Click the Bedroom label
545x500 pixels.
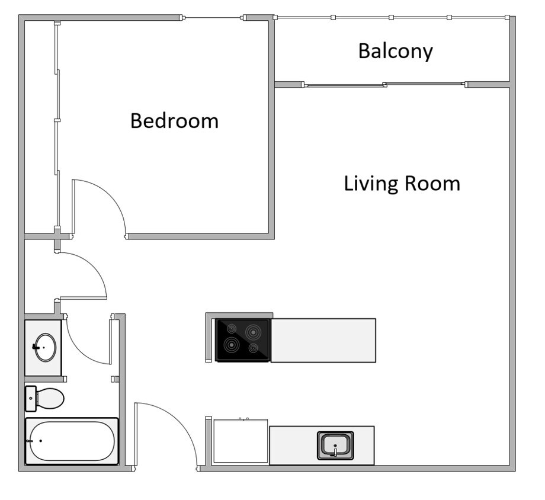[x=174, y=121]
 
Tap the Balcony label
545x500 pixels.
[x=395, y=52]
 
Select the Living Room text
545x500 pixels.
[x=402, y=183]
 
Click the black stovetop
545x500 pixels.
[x=243, y=340]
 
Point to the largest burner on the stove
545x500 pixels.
[x=255, y=331]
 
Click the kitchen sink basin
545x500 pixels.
[x=335, y=445]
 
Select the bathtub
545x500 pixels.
[x=72, y=441]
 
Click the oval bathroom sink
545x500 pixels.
[x=45, y=347]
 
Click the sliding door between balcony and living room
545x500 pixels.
[x=385, y=85]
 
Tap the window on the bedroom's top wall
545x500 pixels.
[x=213, y=18]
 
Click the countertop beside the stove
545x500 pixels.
[x=323, y=340]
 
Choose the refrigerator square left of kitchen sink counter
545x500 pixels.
[x=240, y=441]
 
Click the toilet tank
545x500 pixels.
[x=30, y=398]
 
